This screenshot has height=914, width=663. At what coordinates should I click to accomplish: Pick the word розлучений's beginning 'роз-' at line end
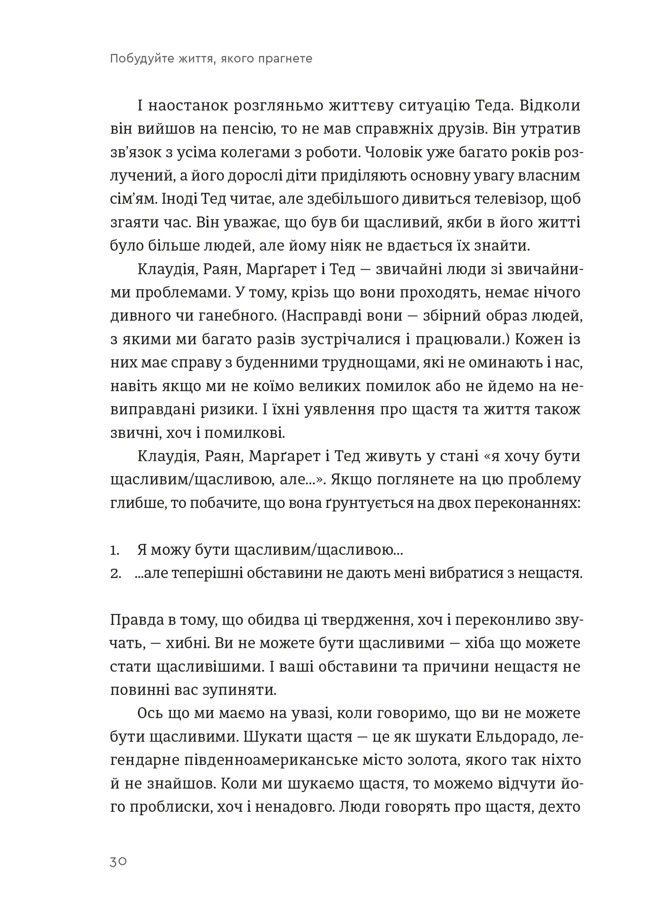tap(569, 153)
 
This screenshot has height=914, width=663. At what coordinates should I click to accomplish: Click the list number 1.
tap(114, 550)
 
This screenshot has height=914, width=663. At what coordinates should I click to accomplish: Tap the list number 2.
tap(115, 574)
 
